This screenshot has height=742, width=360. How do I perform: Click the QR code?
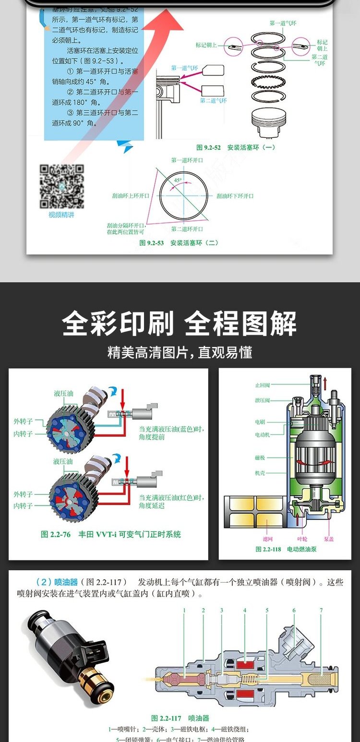[x=61, y=186]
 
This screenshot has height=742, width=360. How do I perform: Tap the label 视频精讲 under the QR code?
[x=61, y=215]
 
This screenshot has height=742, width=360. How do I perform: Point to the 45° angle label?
[x=178, y=180]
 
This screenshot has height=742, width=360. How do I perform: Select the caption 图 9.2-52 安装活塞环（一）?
[x=236, y=147]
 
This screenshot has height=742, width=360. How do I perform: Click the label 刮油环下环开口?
[x=235, y=196]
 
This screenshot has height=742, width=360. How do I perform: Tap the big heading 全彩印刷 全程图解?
[x=180, y=324]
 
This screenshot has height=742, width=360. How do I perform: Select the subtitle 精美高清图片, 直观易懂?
[x=180, y=353]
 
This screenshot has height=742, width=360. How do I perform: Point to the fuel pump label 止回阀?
[x=263, y=385]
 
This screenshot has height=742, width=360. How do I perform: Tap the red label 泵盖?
[x=329, y=539]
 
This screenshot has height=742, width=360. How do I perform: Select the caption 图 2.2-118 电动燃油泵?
[x=286, y=549]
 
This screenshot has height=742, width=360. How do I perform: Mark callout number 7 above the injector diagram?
[x=321, y=610]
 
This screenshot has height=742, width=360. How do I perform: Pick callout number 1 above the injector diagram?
[x=184, y=610]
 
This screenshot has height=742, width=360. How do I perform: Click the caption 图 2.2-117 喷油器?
[x=180, y=718]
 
